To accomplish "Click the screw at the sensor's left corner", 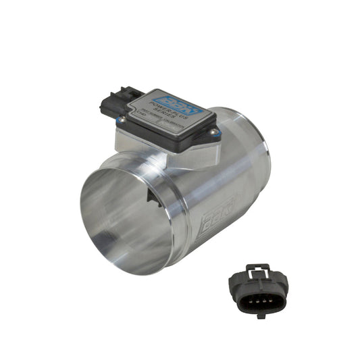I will (x=122, y=120).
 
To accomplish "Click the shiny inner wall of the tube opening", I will (x=115, y=216).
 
